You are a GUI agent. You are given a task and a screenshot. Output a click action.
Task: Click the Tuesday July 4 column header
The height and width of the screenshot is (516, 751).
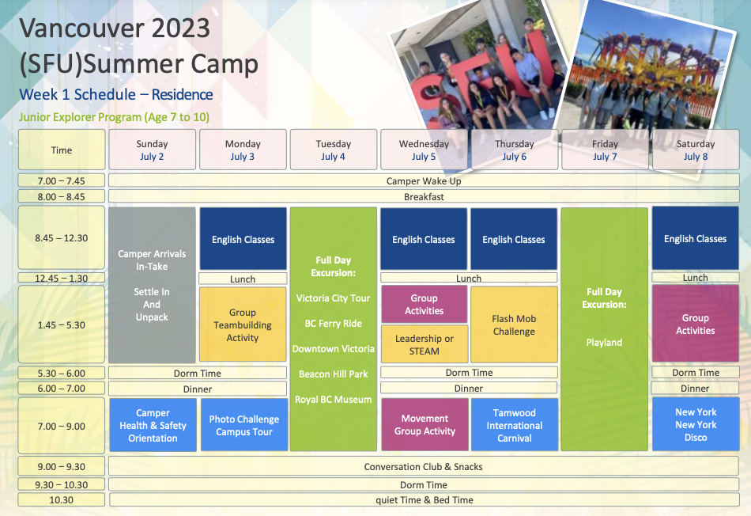click(334, 150)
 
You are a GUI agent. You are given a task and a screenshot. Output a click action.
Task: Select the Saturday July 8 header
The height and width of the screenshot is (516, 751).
click(696, 150)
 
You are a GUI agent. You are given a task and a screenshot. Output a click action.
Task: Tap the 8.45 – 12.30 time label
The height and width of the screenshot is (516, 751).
click(62, 238)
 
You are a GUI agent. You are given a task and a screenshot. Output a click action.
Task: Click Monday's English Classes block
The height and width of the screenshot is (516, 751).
click(243, 239)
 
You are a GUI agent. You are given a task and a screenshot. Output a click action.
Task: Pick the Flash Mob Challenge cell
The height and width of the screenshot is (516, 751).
click(514, 324)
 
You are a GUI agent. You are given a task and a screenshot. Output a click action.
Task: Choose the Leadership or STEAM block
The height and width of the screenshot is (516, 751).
click(425, 344)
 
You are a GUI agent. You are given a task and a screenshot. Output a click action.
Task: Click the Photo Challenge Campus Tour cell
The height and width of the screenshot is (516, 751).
click(244, 425)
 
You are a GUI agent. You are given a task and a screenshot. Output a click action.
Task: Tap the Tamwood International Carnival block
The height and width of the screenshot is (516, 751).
click(515, 425)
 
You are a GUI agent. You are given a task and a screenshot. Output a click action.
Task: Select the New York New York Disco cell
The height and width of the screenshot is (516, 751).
click(696, 424)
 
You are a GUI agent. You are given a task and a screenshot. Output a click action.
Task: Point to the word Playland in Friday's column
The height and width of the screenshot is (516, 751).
click(604, 343)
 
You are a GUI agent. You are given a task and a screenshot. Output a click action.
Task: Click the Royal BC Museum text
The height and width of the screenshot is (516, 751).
click(334, 400)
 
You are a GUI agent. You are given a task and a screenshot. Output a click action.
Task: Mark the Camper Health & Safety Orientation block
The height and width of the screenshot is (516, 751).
click(153, 425)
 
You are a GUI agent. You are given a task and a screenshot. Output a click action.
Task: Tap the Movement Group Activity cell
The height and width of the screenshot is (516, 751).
click(425, 425)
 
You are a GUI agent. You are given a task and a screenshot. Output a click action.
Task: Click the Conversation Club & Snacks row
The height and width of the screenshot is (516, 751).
click(424, 467)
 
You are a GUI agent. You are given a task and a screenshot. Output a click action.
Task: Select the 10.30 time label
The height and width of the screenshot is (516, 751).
click(62, 499)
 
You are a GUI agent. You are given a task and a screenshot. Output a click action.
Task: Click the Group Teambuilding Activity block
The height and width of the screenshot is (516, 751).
click(243, 324)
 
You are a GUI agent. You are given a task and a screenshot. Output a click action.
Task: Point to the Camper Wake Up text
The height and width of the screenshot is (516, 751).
click(424, 180)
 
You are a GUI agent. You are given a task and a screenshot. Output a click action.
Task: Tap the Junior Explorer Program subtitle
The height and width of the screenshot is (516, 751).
click(114, 117)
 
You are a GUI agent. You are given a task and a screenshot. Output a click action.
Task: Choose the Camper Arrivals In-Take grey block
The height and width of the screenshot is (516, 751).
click(152, 286)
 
